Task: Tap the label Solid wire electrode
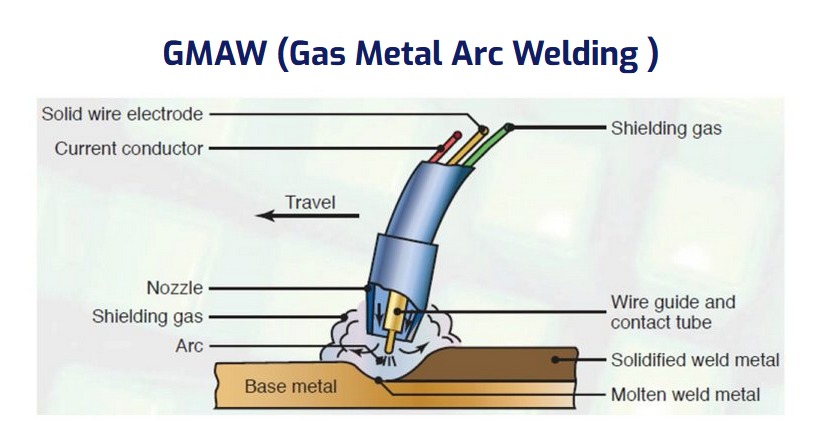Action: tap(122, 114)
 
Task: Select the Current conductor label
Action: tap(129, 148)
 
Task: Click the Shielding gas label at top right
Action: tap(666, 128)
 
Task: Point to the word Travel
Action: tap(310, 202)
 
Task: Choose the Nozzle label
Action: tap(175, 288)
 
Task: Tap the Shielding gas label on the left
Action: tap(148, 317)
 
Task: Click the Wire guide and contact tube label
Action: tap(673, 312)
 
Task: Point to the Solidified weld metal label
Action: tap(695, 360)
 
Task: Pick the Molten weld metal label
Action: tap(685, 394)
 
